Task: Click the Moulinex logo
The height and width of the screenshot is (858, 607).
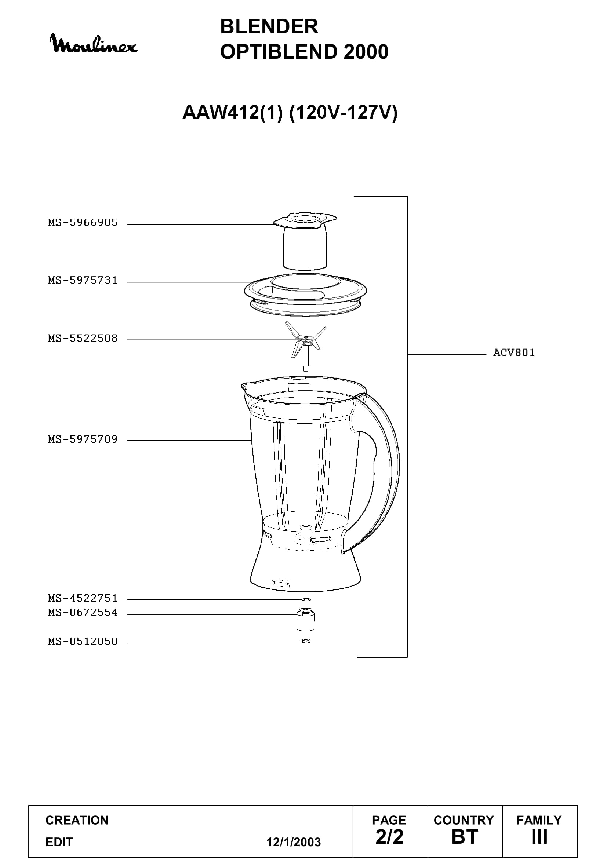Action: tap(94, 44)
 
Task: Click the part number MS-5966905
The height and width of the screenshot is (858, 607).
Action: tap(83, 223)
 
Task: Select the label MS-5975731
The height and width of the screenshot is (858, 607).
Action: tap(83, 280)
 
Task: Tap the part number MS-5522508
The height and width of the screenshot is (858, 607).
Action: tap(83, 338)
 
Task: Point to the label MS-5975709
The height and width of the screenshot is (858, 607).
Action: tap(83, 439)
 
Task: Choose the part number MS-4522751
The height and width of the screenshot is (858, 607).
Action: tap(83, 598)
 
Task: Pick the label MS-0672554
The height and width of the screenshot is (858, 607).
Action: tap(83, 613)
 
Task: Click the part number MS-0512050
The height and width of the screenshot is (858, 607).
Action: tap(83, 641)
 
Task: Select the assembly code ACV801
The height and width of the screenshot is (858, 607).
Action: tap(514, 353)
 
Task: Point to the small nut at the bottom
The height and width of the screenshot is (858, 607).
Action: tap(306, 641)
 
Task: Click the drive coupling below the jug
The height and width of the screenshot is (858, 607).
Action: tap(305, 619)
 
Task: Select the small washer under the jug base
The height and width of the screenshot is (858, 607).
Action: tap(306, 599)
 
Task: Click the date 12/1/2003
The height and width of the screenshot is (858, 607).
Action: tap(294, 842)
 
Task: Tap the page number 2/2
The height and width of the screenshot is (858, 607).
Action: tap(389, 837)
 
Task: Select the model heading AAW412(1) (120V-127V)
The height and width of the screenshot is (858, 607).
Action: tap(290, 113)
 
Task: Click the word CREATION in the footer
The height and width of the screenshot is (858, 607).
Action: tap(77, 820)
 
